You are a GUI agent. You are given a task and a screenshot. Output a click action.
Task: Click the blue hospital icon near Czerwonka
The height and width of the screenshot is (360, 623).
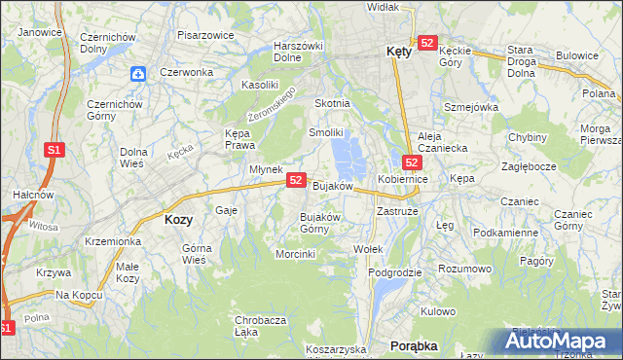pos(139,73)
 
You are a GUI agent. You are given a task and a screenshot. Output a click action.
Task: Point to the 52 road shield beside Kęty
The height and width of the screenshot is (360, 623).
pos(427,43)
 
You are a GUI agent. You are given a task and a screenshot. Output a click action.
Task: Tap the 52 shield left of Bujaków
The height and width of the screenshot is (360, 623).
pos(297,181)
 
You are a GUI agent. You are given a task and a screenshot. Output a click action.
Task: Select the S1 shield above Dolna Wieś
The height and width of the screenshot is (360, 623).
pos(55,150)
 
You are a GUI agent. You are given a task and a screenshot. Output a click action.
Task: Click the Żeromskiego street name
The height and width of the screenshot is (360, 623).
pos(272,103)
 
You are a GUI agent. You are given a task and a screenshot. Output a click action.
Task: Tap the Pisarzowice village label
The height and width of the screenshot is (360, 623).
pos(205,35)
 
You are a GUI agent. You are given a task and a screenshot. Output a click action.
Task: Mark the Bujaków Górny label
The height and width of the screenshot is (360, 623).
pos(319,223)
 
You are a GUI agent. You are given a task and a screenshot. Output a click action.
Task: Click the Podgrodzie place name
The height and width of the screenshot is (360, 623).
pos(395,272)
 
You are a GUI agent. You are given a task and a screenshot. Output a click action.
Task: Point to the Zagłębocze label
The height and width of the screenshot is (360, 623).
pos(529,166)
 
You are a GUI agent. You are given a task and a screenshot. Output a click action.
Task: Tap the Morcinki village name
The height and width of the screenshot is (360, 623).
pos(296,255)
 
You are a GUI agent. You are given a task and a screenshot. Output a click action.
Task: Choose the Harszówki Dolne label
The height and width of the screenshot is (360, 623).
pos(298,51)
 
